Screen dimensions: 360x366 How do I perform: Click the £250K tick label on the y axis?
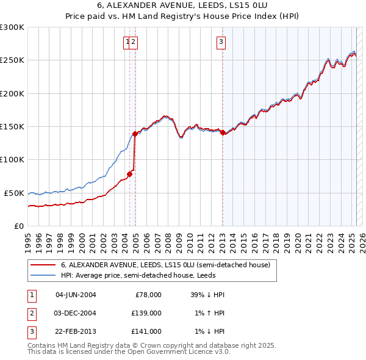[12, 60]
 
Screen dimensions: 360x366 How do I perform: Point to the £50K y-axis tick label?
[15, 193]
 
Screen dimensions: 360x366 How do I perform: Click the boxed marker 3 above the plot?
[220, 42]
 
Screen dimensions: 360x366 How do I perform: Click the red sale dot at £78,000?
[129, 174]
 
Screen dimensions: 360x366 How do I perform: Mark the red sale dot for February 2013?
[223, 132]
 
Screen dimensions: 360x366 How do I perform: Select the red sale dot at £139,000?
[135, 134]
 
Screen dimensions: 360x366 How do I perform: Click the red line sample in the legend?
[43, 265]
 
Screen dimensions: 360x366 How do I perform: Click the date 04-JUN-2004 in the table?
[76, 295]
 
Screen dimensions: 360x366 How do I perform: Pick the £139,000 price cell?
[146, 313]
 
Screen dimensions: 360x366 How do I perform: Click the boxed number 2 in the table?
[31, 313]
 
